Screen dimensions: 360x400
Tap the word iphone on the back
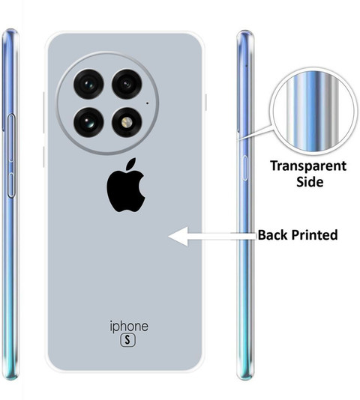click(129, 327)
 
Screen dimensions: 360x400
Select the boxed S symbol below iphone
click(128, 340)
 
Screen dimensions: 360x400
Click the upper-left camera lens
click(88, 84)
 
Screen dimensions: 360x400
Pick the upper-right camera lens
click(127, 84)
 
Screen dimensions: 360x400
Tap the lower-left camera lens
click(88, 122)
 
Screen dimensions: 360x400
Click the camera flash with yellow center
click(127, 122)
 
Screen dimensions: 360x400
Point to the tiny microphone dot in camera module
click(147, 103)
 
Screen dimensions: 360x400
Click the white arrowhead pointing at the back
click(178, 236)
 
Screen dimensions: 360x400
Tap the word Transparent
click(308, 166)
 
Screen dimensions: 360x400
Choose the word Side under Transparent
click(310, 181)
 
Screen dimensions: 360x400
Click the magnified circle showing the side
click(313, 112)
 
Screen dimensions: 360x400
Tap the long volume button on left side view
click(11, 138)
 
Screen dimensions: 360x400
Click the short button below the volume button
click(11, 185)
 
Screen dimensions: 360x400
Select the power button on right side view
click(244, 168)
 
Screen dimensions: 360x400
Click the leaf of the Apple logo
click(131, 163)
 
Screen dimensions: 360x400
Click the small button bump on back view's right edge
click(205, 103)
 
